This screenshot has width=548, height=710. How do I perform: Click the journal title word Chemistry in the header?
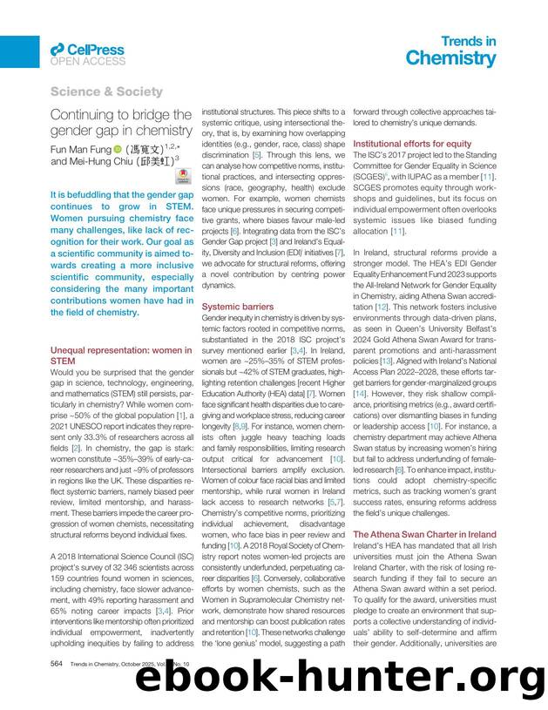pos(450,58)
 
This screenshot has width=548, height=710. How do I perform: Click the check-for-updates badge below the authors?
pos(182,175)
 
